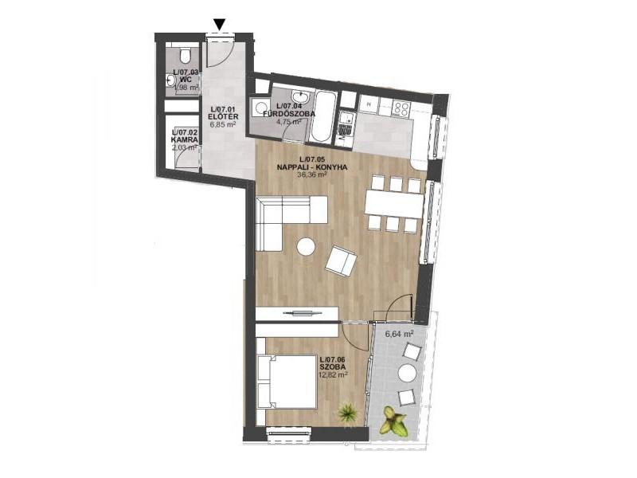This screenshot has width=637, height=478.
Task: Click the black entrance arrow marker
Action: (x=220, y=25)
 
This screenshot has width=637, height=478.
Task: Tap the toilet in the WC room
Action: (x=186, y=56)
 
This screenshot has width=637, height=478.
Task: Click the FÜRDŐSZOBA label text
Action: (x=289, y=114)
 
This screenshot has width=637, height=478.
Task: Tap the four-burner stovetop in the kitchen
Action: (x=401, y=108)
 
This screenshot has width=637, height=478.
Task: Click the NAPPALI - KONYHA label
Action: (x=312, y=167)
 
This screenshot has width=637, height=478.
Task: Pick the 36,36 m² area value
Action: (x=312, y=174)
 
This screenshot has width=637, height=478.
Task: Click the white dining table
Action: (x=394, y=203)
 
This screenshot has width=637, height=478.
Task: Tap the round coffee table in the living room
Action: (x=306, y=246)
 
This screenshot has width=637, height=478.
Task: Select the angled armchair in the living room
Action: (x=342, y=261)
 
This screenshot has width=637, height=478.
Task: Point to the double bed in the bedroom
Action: (x=287, y=382)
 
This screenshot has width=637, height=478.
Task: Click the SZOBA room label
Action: (x=333, y=367)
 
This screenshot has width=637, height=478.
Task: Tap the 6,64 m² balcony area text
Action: (x=399, y=335)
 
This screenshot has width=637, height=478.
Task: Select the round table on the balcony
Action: (x=407, y=373)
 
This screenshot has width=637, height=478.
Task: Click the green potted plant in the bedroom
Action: (x=347, y=413)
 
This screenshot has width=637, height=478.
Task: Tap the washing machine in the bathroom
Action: (x=260, y=108)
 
